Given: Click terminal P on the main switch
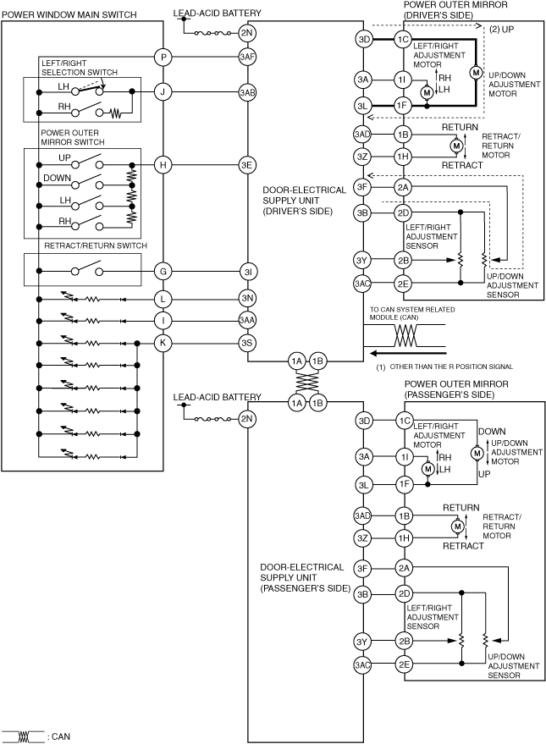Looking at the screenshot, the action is (x=163, y=58).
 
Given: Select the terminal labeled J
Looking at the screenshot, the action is (x=163, y=92).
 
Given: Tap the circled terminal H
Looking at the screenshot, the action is (x=163, y=165).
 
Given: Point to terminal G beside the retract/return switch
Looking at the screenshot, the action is (x=163, y=272).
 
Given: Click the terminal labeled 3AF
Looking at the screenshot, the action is (x=247, y=58).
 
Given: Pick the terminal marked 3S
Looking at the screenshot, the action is (x=247, y=343).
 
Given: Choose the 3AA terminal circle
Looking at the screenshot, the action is (x=247, y=321).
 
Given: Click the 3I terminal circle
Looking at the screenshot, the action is (x=247, y=272).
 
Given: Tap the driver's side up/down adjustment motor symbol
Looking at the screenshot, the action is (x=476, y=73).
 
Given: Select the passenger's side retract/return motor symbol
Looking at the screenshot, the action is (x=458, y=526).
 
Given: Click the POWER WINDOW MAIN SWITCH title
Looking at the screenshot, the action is (x=69, y=15).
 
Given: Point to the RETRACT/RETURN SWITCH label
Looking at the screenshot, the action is (x=96, y=245).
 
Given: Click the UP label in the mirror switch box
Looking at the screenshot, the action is (x=64, y=158).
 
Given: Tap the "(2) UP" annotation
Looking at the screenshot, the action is (x=501, y=30).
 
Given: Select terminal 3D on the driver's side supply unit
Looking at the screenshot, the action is (x=363, y=40).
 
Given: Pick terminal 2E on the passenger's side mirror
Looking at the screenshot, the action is (x=404, y=664).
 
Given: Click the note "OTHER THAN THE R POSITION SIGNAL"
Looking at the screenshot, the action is (x=451, y=366).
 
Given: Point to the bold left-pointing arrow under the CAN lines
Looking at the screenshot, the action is (x=409, y=353).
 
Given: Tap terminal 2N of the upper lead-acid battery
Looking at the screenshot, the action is (x=247, y=33).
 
